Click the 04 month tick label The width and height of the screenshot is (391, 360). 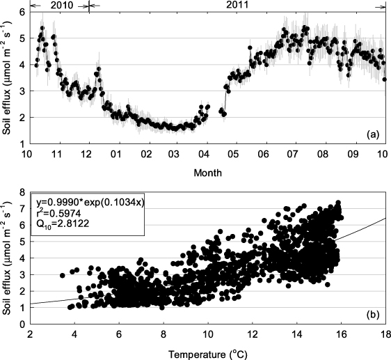pyautogui.click(x=205, y=154)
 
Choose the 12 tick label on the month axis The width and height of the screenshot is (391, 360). pyautogui.click(x=86, y=154)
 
